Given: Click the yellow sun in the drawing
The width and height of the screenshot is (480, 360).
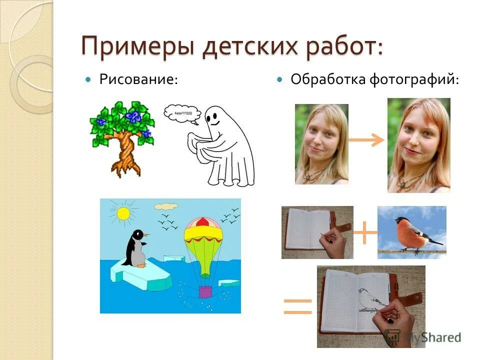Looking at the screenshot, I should coord(122,213).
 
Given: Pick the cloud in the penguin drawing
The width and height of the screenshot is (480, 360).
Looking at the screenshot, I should coord(166,205).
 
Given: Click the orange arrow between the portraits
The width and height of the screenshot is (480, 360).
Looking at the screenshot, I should coord(366,140).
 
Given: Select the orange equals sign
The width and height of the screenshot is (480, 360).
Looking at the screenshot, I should coord(297,306).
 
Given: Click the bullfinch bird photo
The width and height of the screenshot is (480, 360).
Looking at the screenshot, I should coord(411,232).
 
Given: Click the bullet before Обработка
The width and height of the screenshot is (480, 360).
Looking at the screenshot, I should coord(280,79).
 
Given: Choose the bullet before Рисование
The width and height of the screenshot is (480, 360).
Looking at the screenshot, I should coord(89,79).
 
